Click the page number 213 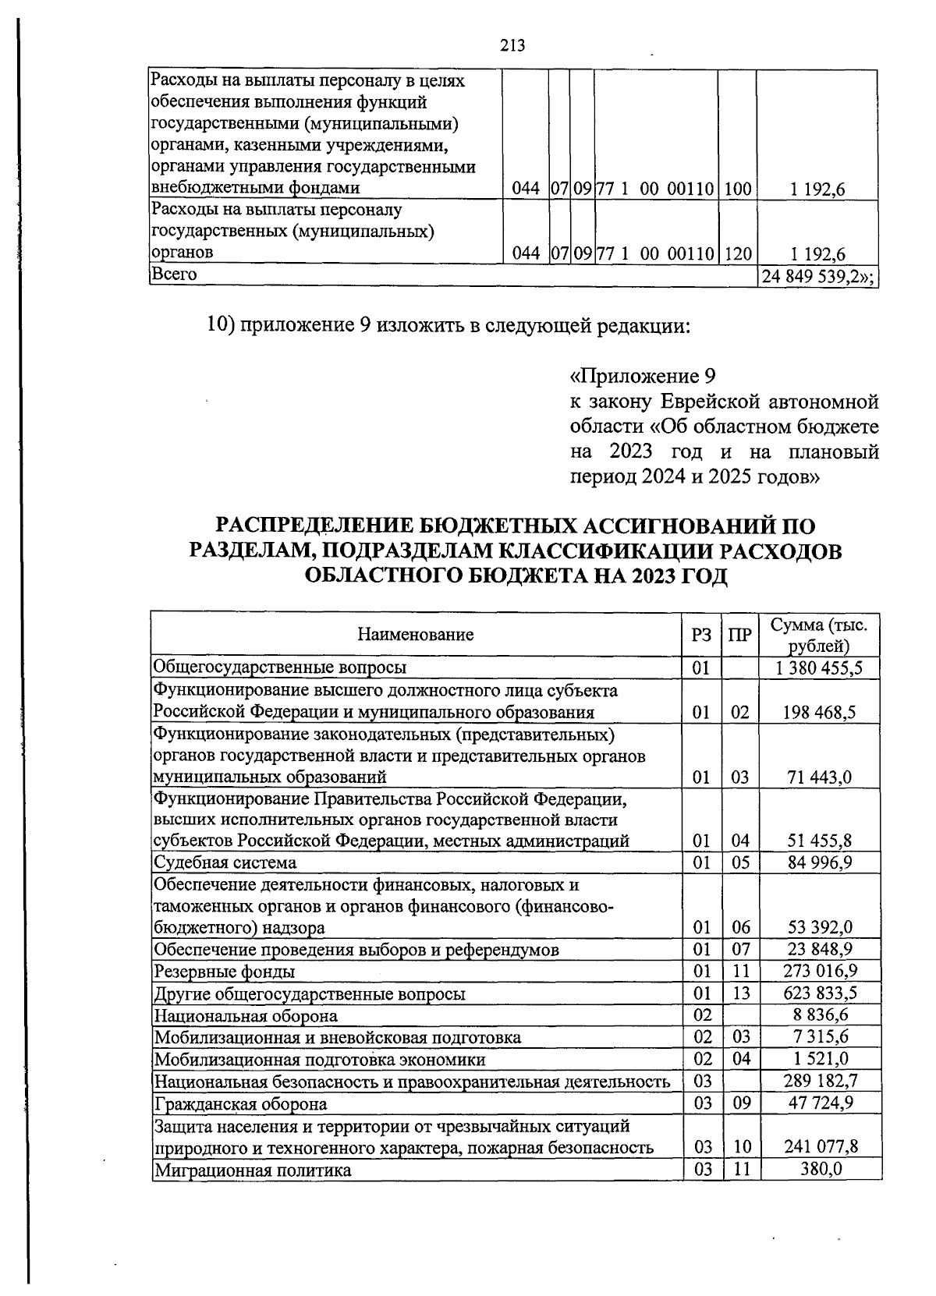512,45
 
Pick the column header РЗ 701,635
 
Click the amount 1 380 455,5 819,668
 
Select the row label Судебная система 225,862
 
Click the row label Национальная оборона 246,1016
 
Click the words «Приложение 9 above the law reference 643,377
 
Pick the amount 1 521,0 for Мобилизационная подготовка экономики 823,1060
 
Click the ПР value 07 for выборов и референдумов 741,950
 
